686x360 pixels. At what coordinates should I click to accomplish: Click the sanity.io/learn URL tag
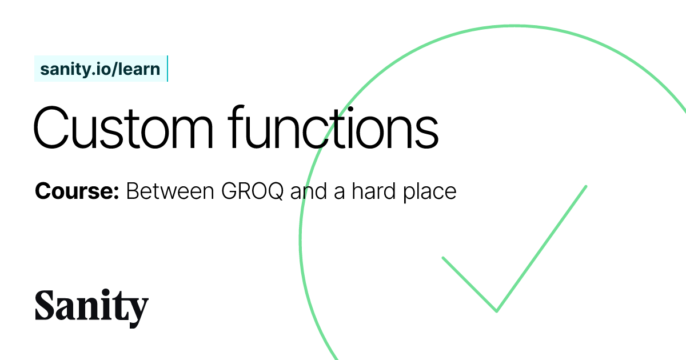[100, 69]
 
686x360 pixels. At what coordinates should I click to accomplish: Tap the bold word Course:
[77, 191]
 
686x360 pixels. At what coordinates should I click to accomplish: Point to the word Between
[170, 191]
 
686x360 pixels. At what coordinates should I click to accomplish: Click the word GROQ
[253, 191]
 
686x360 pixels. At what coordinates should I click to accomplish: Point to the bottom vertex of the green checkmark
[496, 311]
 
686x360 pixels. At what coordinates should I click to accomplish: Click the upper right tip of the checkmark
[586, 186]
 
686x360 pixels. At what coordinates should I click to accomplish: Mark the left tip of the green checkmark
[443, 258]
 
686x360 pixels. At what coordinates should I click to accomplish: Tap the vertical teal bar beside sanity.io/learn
[167, 69]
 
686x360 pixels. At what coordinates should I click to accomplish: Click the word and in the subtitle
[308, 191]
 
